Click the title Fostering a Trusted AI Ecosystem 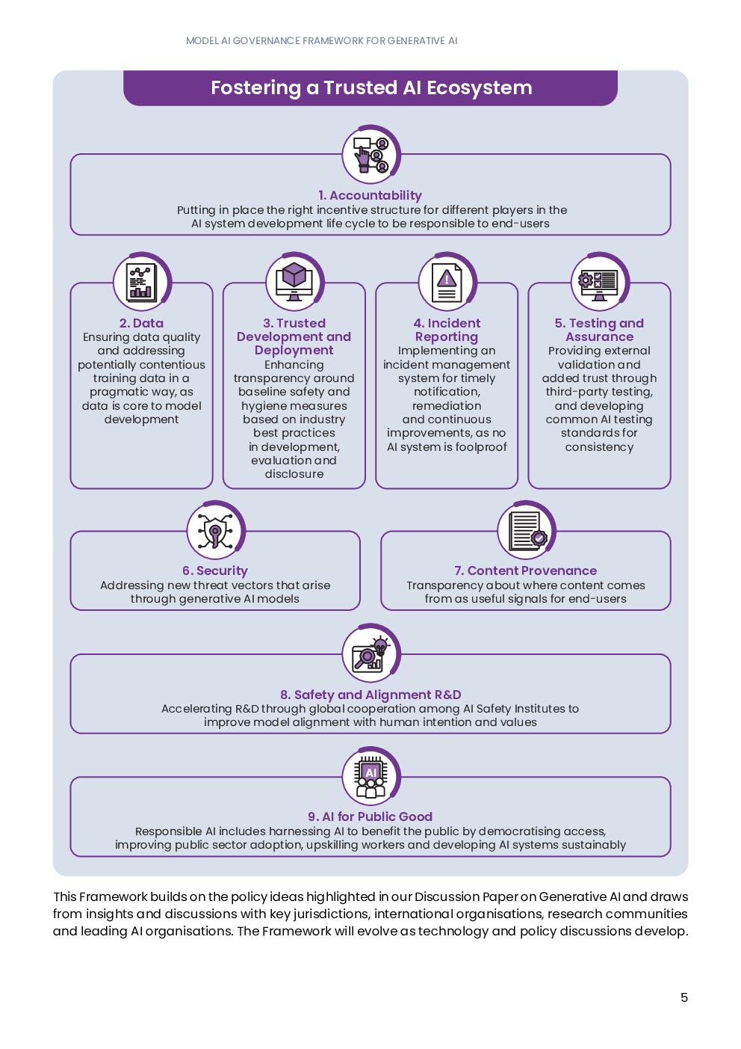pyautogui.click(x=371, y=88)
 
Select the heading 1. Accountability pyautogui.click(x=370, y=195)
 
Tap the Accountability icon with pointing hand pyautogui.click(x=371, y=155)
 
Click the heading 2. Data pyautogui.click(x=141, y=323)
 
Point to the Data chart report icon pyautogui.click(x=142, y=283)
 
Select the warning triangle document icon pyautogui.click(x=447, y=283)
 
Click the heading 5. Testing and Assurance pyautogui.click(x=599, y=330)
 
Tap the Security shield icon pyautogui.click(x=216, y=531)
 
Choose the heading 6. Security pyautogui.click(x=215, y=571)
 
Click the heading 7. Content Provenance pyautogui.click(x=525, y=571)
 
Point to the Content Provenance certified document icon pyautogui.click(x=527, y=531)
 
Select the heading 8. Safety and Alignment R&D pyautogui.click(x=370, y=695)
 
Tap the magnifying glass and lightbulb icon pyautogui.click(x=371, y=653)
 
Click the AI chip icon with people pyautogui.click(x=371, y=776)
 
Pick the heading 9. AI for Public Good pyautogui.click(x=370, y=816)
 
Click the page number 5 pyautogui.click(x=684, y=998)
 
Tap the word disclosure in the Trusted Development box pyautogui.click(x=294, y=474)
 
